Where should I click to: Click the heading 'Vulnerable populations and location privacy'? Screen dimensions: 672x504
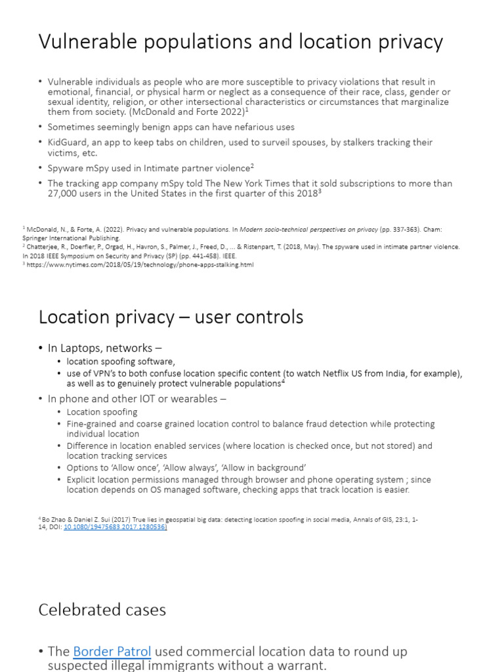click(240, 42)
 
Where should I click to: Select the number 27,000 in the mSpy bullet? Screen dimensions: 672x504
click(64, 194)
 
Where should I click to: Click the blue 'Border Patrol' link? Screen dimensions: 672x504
click(112, 652)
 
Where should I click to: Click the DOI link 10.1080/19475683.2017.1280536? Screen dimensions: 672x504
click(115, 526)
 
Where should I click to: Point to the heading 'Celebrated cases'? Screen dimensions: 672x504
click(102, 610)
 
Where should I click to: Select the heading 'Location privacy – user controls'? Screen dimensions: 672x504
click(171, 318)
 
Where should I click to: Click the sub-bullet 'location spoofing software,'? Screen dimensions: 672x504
click(121, 362)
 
